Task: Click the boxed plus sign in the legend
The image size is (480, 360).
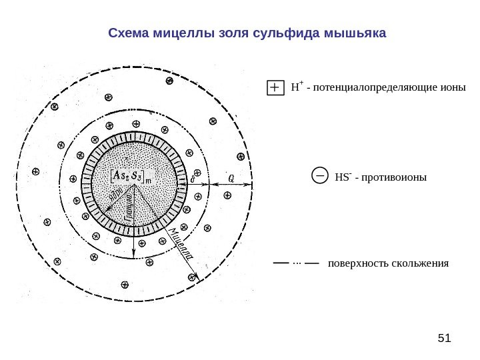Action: [275, 88]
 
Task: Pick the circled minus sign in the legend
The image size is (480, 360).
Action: [320, 177]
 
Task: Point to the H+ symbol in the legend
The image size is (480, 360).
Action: [297, 87]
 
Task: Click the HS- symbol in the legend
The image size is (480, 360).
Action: [342, 177]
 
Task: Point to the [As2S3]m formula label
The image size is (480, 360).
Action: [131, 175]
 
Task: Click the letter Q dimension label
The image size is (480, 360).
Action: [231, 178]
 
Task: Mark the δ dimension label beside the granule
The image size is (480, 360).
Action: [193, 179]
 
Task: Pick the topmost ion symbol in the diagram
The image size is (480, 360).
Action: [169, 81]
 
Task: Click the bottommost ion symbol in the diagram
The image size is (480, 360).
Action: [125, 285]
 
